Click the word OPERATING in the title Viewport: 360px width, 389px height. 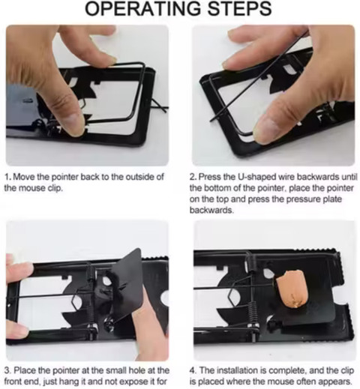pos(142,9)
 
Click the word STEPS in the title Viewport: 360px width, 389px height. pos(239,9)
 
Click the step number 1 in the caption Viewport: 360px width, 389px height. pos(7,177)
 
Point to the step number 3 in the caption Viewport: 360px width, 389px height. pos(7,370)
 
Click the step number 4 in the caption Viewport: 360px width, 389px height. pos(193,370)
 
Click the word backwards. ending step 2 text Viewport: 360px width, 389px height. pos(211,210)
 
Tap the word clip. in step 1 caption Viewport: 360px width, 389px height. pos(55,188)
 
